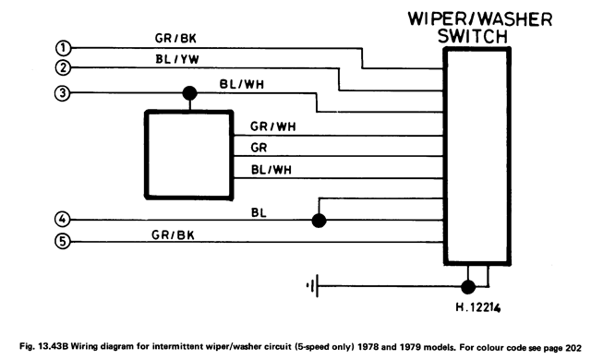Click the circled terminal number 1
(x=63, y=48)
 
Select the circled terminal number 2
(x=63, y=67)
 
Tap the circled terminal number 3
(x=62, y=92)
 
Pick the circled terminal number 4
(x=62, y=219)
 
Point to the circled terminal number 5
(x=63, y=241)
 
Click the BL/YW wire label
(x=177, y=59)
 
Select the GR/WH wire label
(x=273, y=126)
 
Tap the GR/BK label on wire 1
(x=175, y=38)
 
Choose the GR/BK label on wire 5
(x=173, y=235)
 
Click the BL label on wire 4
(x=259, y=212)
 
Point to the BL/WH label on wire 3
(x=242, y=84)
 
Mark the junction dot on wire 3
(x=189, y=93)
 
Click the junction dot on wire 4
(x=319, y=221)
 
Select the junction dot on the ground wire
(x=468, y=287)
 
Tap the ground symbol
(x=314, y=286)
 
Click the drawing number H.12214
(x=478, y=307)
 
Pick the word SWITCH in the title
(x=473, y=37)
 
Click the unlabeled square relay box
(x=188, y=154)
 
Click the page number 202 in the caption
(x=573, y=348)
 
